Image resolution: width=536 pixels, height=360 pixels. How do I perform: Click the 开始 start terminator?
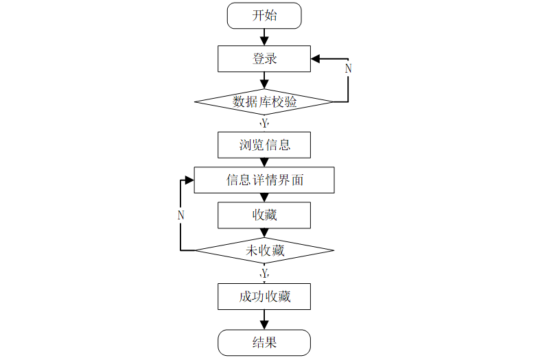(264, 16)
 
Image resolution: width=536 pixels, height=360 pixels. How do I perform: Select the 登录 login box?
(264, 59)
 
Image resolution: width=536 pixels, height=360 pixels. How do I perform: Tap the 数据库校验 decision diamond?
(264, 101)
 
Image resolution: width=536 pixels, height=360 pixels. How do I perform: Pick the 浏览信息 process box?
(264, 145)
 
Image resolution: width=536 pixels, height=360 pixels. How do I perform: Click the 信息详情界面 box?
(264, 180)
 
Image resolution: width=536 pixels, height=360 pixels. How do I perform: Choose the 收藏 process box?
(264, 215)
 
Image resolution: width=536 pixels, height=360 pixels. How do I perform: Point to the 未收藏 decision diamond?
(264, 250)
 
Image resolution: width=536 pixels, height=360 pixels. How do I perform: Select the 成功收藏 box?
(264, 296)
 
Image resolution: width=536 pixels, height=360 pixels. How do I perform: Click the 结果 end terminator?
(264, 343)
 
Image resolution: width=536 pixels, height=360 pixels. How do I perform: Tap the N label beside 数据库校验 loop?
(348, 69)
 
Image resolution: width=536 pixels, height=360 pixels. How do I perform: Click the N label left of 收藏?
(180, 215)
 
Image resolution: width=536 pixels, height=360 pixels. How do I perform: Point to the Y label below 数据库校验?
(264, 123)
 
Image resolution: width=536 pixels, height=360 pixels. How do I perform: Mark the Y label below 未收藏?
(264, 273)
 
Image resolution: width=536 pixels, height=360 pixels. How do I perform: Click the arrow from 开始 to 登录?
(264, 37)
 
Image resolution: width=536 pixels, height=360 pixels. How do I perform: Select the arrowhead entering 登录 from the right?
(315, 59)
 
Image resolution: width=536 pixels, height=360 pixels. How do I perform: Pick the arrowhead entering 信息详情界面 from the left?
(189, 180)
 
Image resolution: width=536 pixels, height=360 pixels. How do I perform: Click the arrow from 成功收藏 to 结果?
(264, 320)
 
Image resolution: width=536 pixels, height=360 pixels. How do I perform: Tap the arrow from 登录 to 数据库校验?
(264, 80)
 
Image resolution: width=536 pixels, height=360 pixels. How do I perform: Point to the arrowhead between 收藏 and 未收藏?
(264, 233)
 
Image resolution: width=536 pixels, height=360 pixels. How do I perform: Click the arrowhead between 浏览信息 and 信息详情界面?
(264, 163)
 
